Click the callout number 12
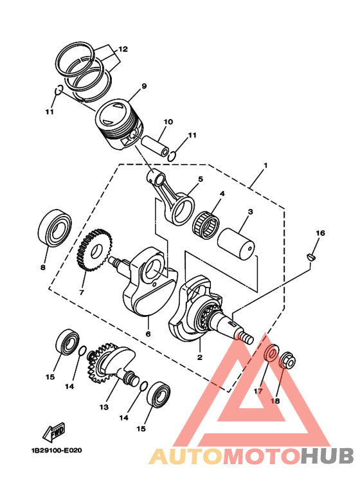(122, 49)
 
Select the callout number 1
(265, 165)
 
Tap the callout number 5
(200, 179)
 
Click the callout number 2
(199, 357)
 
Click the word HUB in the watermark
(327, 456)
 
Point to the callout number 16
(320, 233)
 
